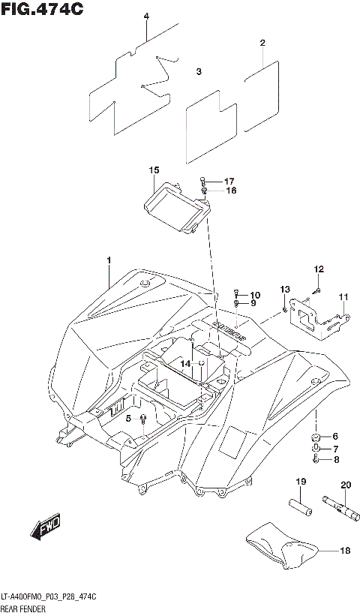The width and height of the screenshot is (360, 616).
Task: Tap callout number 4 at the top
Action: coord(146,17)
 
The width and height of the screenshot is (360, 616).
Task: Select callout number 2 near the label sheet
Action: coord(262,43)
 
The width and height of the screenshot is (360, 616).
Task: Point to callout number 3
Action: coord(199,72)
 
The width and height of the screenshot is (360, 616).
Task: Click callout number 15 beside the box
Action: coord(154,171)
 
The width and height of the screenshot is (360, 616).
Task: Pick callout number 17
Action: coord(229,182)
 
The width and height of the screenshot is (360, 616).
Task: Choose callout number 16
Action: coord(230,191)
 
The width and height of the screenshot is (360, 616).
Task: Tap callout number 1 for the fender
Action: coord(109,260)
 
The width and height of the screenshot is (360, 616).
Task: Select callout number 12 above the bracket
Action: coord(319,269)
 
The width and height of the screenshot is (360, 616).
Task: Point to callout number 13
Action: coord(285,290)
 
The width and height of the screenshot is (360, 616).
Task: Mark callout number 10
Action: coord(255,295)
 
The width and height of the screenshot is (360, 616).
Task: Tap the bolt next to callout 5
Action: coord(142,418)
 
